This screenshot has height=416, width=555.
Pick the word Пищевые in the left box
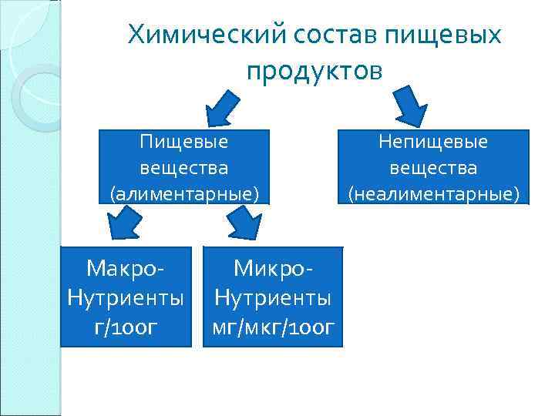(x=185, y=143)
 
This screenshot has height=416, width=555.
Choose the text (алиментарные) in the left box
(x=185, y=193)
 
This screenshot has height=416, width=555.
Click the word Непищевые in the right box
(x=433, y=143)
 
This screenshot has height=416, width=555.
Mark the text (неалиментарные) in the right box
(x=433, y=193)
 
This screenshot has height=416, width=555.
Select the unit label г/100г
(x=126, y=327)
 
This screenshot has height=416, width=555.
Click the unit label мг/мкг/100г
(x=273, y=327)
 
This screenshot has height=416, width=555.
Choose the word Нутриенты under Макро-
(x=126, y=297)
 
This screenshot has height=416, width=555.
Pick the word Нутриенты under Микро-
(x=273, y=297)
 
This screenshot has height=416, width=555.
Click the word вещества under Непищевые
(x=433, y=167)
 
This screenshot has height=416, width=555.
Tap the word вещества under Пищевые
(x=185, y=167)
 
